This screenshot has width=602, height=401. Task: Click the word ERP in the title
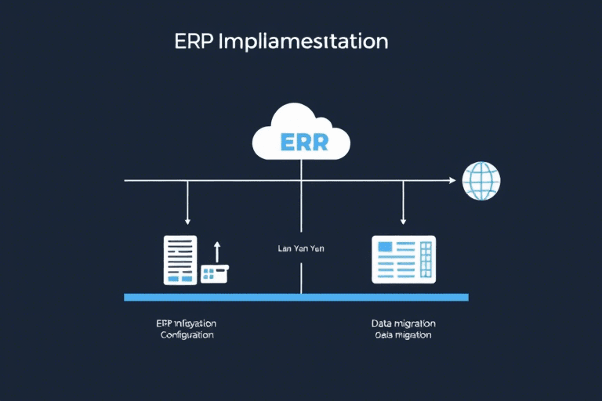click(194, 41)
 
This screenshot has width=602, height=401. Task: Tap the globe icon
click(481, 181)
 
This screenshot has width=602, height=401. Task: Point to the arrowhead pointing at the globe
click(451, 181)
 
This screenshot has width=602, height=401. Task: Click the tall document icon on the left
click(180, 260)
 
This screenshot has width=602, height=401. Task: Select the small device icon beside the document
click(214, 273)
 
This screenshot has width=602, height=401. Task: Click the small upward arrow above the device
click(217, 249)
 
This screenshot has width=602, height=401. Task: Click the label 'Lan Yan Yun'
click(301, 248)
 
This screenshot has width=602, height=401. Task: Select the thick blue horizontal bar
click(296, 298)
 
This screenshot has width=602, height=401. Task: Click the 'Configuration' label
click(187, 334)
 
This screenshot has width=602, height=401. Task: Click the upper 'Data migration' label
click(404, 323)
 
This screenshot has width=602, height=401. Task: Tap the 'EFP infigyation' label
click(187, 323)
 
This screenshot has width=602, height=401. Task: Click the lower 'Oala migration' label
click(404, 334)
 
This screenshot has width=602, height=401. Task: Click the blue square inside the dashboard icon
click(386, 247)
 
